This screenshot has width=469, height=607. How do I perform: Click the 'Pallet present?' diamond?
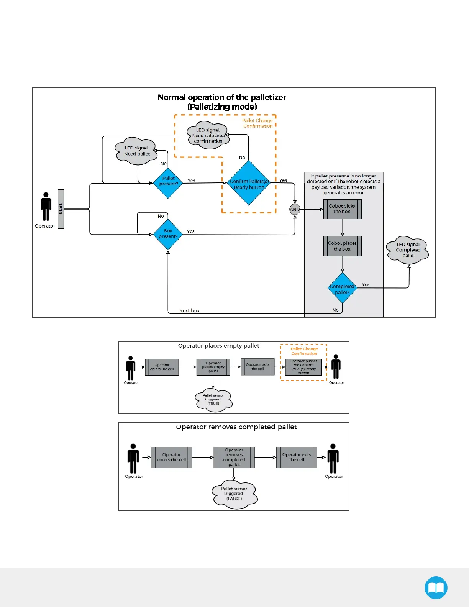pos(168,183)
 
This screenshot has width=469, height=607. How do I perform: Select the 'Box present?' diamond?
pos(168,234)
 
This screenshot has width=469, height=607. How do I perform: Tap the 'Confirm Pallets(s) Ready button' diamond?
pos(249,183)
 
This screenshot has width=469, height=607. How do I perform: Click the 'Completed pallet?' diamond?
pos(342,288)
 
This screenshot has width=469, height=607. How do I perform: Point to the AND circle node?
pos(295,209)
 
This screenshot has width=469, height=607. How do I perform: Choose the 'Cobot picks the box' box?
pos(342,209)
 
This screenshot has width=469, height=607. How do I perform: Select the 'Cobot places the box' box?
pos(342,246)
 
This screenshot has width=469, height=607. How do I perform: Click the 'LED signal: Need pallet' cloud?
pos(137,151)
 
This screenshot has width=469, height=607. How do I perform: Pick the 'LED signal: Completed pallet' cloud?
pos(408,250)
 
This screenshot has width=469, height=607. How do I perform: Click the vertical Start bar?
pos(61,209)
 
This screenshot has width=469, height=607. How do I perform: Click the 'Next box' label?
pos(189,311)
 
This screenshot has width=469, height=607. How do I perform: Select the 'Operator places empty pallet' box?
pos(213,367)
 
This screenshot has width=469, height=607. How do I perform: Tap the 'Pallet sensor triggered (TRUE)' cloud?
pos(213,400)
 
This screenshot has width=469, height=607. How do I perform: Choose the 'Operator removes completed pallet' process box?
pos(234,457)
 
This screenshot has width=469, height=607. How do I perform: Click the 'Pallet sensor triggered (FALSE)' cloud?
pos(234,494)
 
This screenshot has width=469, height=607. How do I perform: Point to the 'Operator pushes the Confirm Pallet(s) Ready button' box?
pos(303,367)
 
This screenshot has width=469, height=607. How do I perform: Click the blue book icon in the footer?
pos(436,587)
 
